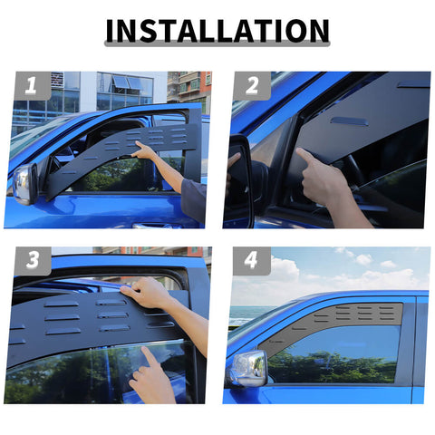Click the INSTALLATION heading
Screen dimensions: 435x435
tap(217, 31)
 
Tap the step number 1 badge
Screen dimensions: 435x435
tap(32, 86)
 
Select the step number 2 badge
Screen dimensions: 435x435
tap(251, 86)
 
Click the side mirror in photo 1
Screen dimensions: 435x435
tap(23, 184)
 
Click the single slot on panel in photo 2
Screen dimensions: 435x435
tap(349, 121)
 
